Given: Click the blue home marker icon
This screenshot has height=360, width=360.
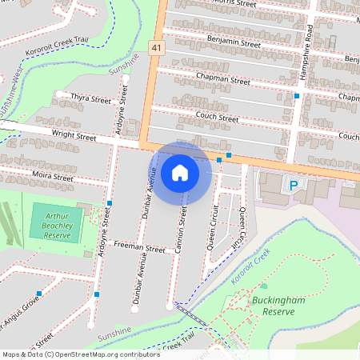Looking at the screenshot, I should pos(180,172).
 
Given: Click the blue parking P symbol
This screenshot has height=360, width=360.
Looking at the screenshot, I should pos(293,185).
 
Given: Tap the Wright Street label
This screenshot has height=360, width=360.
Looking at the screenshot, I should pos(74,138).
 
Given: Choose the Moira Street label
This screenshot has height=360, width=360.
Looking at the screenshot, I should pos(54,173).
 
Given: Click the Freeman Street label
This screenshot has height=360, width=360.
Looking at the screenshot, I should pos(139,248).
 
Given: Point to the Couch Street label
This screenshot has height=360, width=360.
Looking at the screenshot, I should pos(217,118).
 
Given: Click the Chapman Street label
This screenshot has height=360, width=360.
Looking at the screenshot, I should pos(223,79).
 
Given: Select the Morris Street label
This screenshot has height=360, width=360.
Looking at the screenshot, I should pos(230,4).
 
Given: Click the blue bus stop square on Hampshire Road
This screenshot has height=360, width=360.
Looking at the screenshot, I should pos(297,96).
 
